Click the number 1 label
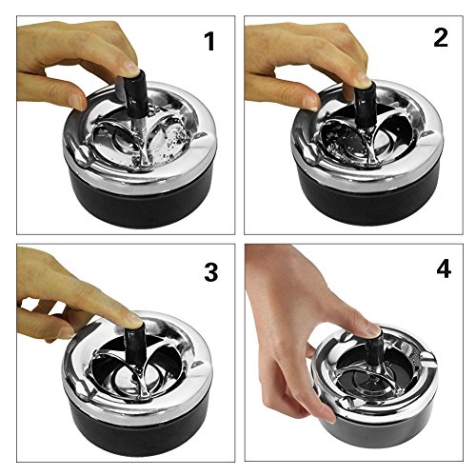tap(210, 42)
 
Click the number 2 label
tap(441, 38)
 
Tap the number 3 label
tap(211, 272)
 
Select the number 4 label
tap(444, 269)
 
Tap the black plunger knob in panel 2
tap(365, 102)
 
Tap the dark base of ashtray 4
tap(381, 430)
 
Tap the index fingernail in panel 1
tap(130, 68)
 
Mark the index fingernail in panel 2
tap(362, 77)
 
